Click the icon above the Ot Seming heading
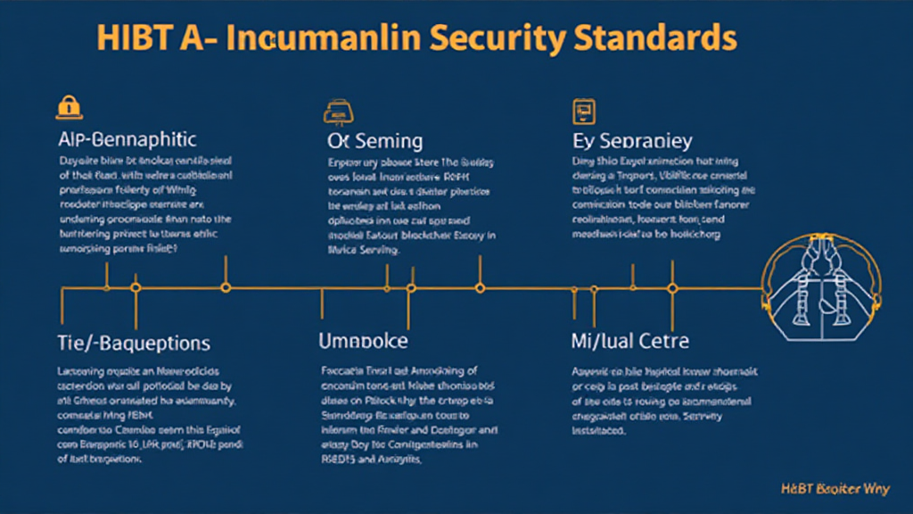point(334,112)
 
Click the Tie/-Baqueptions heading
point(133,343)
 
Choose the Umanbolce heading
point(363,342)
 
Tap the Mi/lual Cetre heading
point(629,342)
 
